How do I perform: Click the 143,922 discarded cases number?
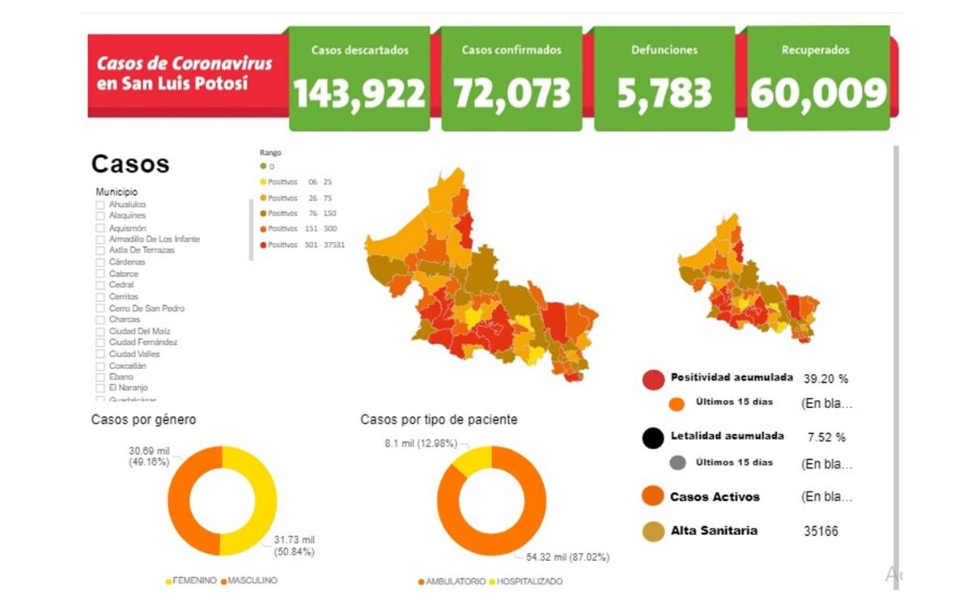[359, 94]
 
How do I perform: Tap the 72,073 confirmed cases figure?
[511, 94]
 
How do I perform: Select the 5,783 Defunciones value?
[664, 94]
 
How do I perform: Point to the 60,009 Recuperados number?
[818, 94]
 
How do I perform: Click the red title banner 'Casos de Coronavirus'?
[185, 73]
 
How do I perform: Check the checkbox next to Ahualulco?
[100, 205]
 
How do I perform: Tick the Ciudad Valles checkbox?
[100, 355]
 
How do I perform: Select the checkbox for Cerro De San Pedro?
[100, 308]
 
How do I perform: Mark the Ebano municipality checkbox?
[100, 377]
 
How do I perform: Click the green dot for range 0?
[263, 166]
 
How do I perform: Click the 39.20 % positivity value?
[826, 379]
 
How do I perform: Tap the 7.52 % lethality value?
[826, 437]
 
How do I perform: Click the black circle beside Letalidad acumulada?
[653, 438]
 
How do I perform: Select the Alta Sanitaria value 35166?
[821, 532]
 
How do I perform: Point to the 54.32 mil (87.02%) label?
[567, 558]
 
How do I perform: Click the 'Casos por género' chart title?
[143, 420]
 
